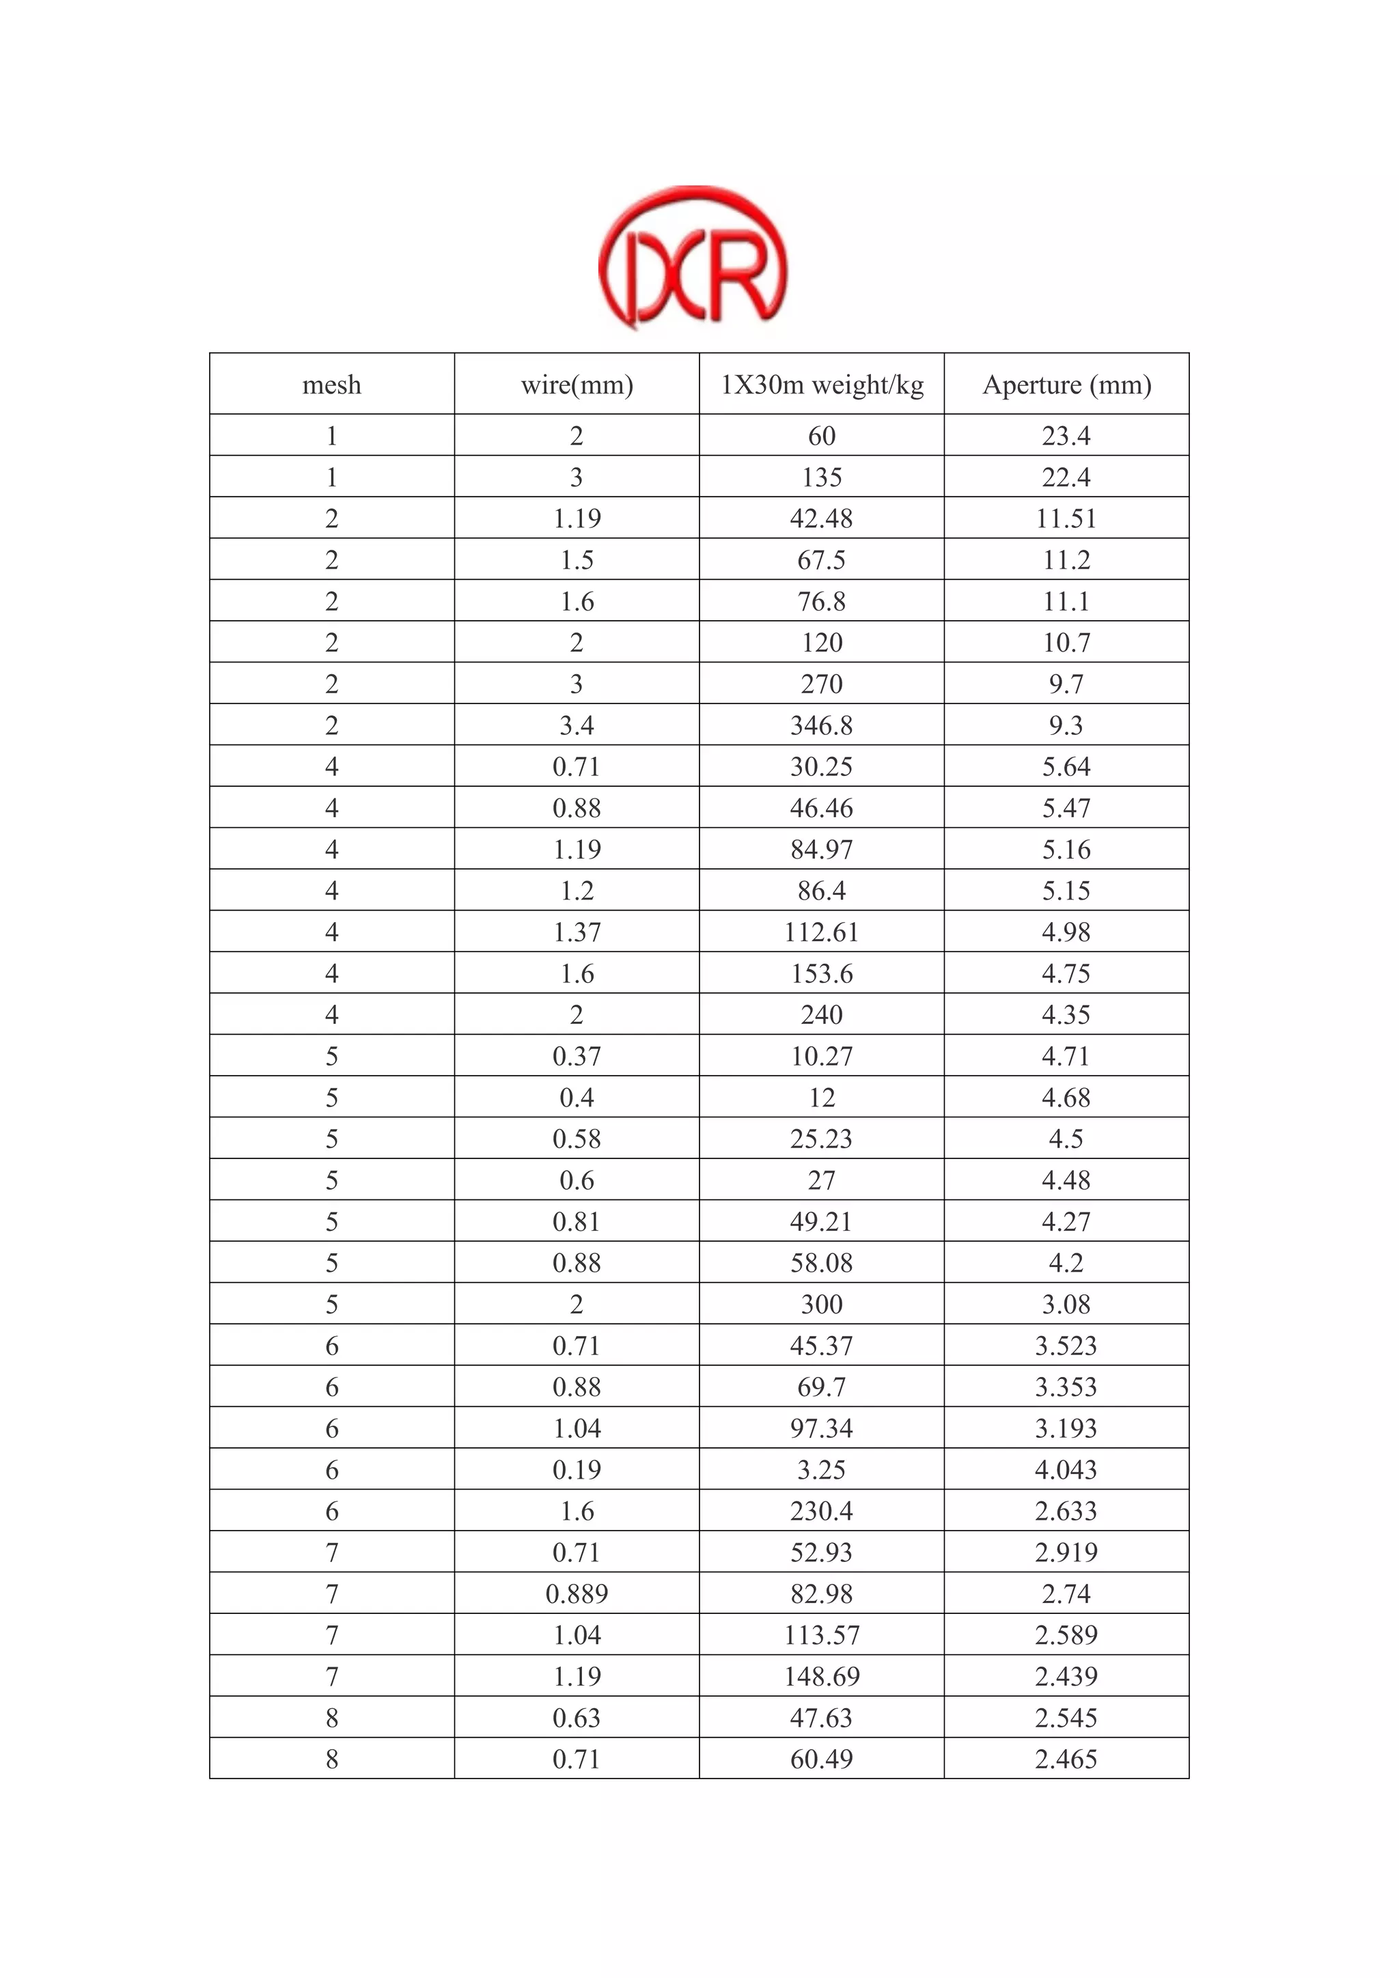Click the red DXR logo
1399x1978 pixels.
tap(693, 258)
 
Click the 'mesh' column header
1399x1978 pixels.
tap(332, 385)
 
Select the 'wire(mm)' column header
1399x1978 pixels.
tap(577, 385)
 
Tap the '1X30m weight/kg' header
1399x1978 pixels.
tap(822, 385)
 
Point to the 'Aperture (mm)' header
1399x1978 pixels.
tap(1066, 385)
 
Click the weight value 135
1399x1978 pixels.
tap(822, 477)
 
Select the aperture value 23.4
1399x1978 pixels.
tap(1066, 436)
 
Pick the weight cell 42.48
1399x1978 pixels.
tap(822, 518)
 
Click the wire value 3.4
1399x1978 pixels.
tap(577, 725)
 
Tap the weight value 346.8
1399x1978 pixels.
tap(822, 725)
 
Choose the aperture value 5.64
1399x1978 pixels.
tap(1066, 767)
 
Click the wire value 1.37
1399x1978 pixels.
tap(577, 932)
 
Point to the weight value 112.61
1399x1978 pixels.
tap(822, 932)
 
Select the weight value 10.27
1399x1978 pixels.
tap(822, 1056)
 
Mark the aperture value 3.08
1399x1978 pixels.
tap(1066, 1305)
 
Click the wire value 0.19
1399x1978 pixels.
tap(577, 1470)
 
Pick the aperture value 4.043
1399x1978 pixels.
tap(1066, 1470)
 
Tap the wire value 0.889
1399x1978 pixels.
tap(577, 1593)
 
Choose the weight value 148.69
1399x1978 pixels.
tap(822, 1677)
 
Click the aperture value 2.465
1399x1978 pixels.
tap(1066, 1759)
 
